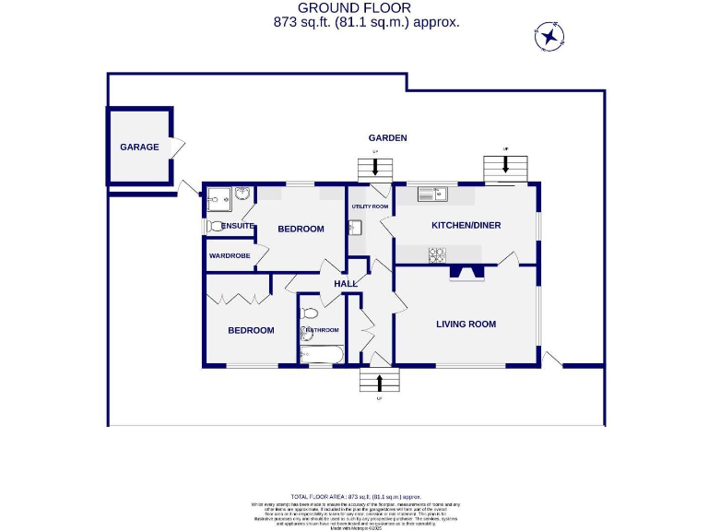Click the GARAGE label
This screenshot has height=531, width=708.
(x=139, y=147)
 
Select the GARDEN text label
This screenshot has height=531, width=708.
(x=389, y=138)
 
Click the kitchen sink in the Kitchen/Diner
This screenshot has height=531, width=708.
(x=431, y=194)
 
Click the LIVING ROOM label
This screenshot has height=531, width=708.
(x=466, y=324)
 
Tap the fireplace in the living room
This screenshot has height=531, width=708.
(x=466, y=272)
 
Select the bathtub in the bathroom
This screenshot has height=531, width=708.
(x=322, y=355)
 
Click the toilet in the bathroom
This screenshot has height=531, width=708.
(x=309, y=313)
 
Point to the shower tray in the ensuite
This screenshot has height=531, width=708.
(x=218, y=196)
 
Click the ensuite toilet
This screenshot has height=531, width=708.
(x=216, y=225)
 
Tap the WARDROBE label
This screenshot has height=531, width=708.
(x=230, y=255)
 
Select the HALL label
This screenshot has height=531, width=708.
(x=346, y=283)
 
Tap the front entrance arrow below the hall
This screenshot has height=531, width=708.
(x=379, y=382)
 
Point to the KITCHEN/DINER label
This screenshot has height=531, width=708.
(x=466, y=225)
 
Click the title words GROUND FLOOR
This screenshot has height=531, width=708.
(x=367, y=8)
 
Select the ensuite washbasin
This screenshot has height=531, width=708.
(x=242, y=195)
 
